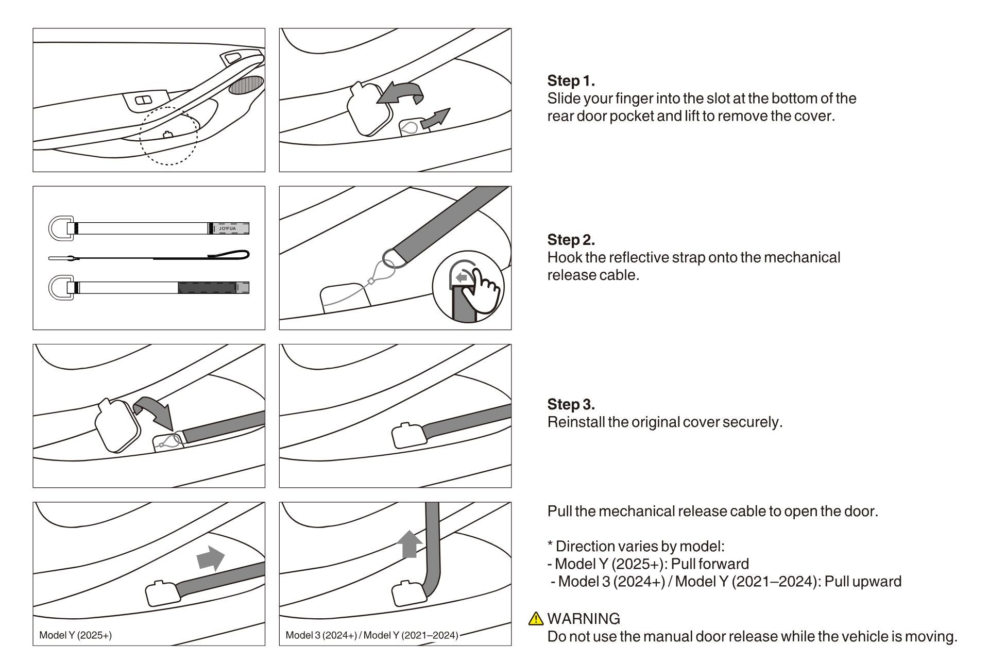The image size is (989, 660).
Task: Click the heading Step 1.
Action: point(571,81)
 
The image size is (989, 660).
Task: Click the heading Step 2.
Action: point(571,240)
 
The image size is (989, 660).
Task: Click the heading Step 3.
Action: point(571,404)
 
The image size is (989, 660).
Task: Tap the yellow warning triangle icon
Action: point(536,618)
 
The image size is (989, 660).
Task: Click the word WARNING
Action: point(584,619)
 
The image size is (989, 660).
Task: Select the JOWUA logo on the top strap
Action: point(227,228)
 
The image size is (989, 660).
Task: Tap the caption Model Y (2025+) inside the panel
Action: point(76,635)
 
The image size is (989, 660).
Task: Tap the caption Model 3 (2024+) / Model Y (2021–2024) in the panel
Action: point(371,635)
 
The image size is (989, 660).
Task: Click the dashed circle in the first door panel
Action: point(168,136)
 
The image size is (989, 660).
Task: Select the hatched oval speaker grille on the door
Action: point(246,85)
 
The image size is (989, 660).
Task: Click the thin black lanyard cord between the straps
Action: point(149,257)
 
